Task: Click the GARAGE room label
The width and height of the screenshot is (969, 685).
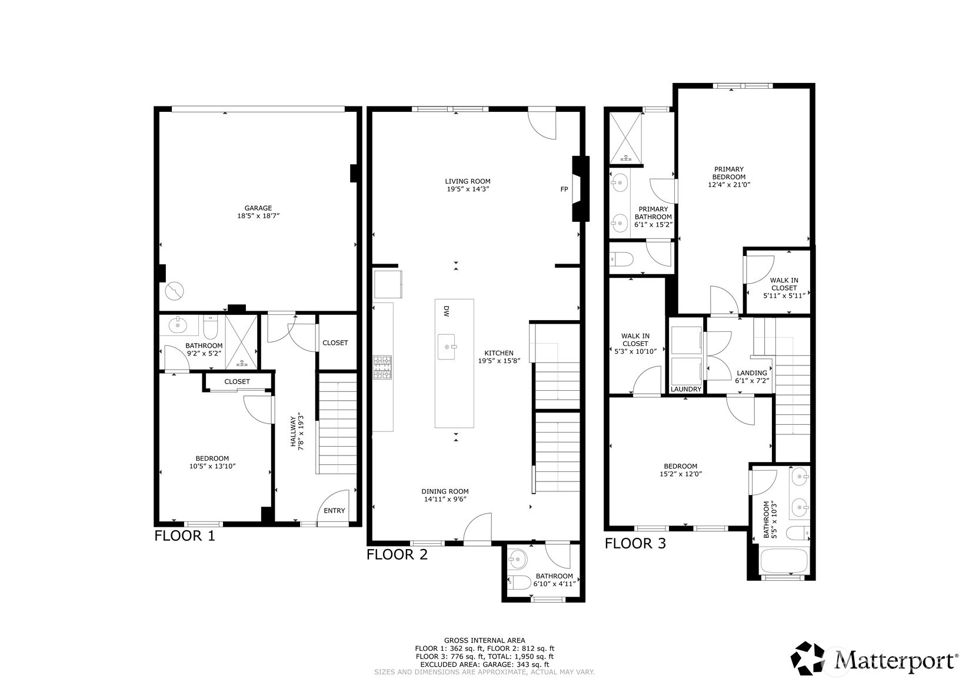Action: [258, 208]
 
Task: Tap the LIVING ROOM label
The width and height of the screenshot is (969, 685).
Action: [468, 181]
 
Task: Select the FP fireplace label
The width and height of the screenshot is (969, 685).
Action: [564, 189]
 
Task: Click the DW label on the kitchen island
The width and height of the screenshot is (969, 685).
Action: [447, 311]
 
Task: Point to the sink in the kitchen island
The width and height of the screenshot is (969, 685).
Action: [447, 347]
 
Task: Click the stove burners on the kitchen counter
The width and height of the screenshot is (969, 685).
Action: [383, 368]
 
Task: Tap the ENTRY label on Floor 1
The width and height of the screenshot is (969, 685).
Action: [334, 511]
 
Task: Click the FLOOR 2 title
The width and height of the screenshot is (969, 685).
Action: [397, 554]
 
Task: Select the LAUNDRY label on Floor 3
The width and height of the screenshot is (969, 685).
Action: [686, 389]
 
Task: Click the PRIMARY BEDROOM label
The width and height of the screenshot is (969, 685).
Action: [729, 173]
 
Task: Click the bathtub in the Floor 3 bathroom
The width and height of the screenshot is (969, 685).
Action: [784, 561]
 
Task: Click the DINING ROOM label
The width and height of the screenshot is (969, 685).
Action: [445, 491]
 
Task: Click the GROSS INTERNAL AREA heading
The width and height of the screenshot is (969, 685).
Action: [485, 640]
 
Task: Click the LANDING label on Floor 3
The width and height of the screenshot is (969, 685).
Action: [752, 373]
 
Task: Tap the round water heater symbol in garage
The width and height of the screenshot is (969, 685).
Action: [175, 291]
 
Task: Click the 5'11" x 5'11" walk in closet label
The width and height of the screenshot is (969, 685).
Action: [784, 295]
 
